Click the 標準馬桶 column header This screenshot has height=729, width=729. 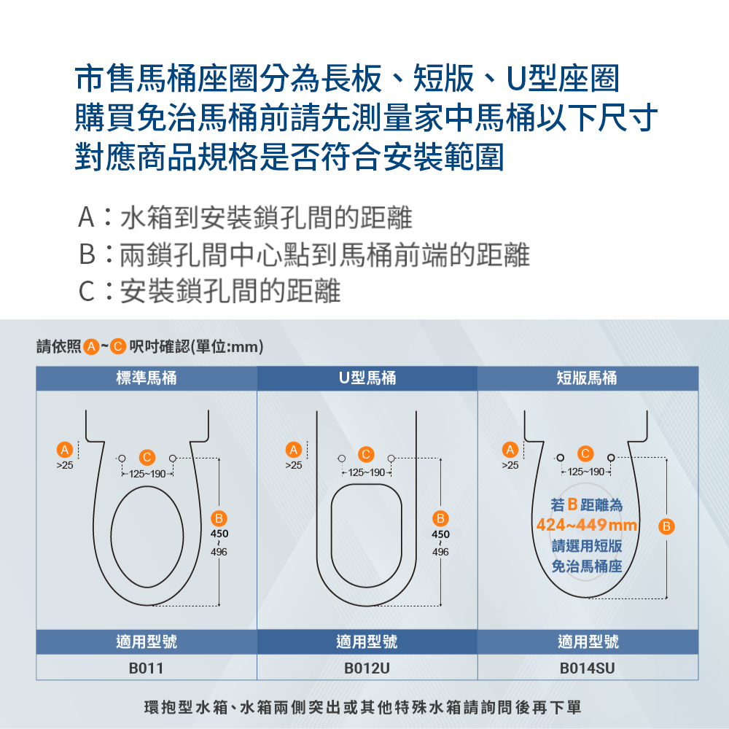[x=146, y=378]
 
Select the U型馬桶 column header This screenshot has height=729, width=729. [x=367, y=378]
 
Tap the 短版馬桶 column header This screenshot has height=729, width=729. [x=587, y=378]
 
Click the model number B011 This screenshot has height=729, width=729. [x=146, y=668]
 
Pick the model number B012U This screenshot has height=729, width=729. [x=367, y=668]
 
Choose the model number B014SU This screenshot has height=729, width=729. [x=587, y=668]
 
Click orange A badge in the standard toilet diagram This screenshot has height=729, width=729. [x=65, y=448]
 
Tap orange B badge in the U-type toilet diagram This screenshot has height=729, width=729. [x=440, y=518]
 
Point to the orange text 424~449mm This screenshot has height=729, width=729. [x=586, y=525]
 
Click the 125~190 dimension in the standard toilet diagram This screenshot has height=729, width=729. [x=147, y=474]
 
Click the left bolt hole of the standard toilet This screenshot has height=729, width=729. [x=122, y=457]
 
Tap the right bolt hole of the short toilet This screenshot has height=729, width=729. [x=610, y=457]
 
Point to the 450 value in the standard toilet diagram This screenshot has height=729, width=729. [x=219, y=534]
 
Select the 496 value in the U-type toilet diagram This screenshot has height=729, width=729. [x=440, y=553]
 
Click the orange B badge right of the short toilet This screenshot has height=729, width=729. [x=667, y=525]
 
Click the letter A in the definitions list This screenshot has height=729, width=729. [x=86, y=217]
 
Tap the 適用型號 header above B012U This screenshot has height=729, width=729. [x=367, y=642]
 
